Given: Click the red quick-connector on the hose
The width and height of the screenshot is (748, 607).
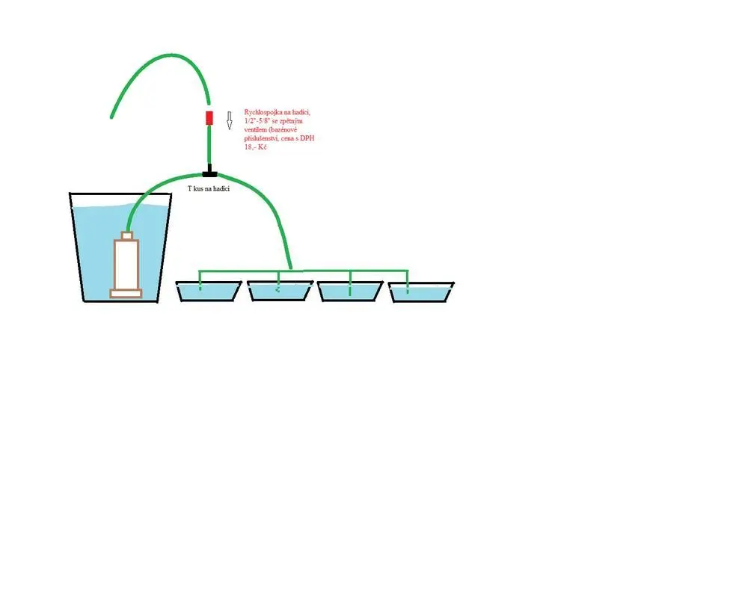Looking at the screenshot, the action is (x=209, y=118).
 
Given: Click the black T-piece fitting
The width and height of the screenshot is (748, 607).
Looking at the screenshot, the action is (x=209, y=172).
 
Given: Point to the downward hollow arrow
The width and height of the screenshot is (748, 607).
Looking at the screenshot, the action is (x=229, y=120).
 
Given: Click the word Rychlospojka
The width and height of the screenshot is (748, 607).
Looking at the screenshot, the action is (x=262, y=112).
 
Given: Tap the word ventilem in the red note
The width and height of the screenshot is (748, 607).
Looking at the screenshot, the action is (x=256, y=129).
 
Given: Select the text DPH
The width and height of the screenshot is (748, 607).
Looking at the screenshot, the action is (x=307, y=138).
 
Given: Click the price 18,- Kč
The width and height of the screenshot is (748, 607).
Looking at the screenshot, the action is (x=255, y=147).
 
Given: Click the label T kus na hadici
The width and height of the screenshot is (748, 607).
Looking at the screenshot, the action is (x=209, y=189).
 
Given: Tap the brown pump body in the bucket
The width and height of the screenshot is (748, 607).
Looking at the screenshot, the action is (x=126, y=264).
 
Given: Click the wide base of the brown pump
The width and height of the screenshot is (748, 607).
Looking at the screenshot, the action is (x=126, y=293).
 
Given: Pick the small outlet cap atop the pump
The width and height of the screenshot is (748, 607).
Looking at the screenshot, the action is (x=126, y=235).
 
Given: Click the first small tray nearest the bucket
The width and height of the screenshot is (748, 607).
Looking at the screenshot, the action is (x=209, y=292).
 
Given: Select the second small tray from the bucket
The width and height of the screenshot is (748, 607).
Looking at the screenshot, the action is (x=280, y=292).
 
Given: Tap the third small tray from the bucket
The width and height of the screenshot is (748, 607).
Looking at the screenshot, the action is (x=351, y=292).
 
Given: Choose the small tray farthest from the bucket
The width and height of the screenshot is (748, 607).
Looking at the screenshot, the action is (x=421, y=292).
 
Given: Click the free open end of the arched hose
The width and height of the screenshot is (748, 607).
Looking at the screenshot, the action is (x=111, y=117).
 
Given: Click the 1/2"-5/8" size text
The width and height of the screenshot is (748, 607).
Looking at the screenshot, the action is (x=257, y=121).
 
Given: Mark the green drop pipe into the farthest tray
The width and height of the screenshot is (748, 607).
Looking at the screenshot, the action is (x=408, y=281).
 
